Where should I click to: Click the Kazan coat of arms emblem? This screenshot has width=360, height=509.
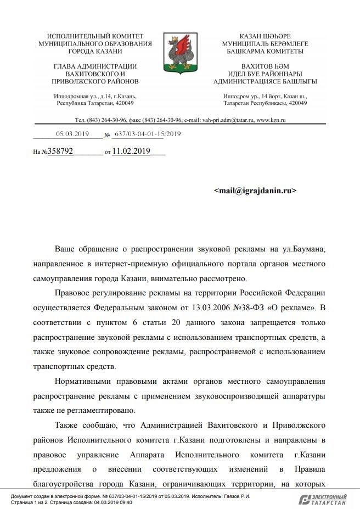pos(180,49)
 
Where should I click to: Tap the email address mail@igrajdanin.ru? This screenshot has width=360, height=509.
pos(255,191)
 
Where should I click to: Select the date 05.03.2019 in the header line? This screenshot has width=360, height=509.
pos(72,133)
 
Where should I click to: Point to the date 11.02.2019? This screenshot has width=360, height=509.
pos(131,151)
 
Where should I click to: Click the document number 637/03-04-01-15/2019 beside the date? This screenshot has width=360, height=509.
pos(148,133)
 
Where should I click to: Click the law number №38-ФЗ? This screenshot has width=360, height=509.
pos(243,305)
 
